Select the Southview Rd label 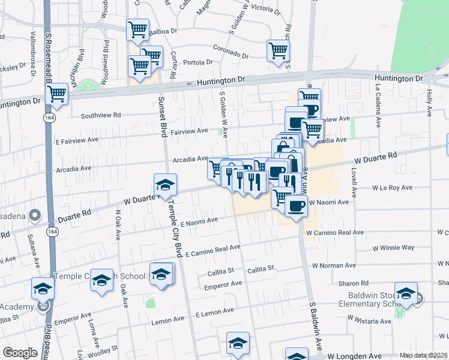pyautogui.click(x=101, y=115)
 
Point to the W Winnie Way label pyautogui.click(x=393, y=247)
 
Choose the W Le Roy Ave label pyautogui.click(x=393, y=188)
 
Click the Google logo pyautogui.click(x=20, y=353)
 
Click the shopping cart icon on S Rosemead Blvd pyautogui.click(x=56, y=94)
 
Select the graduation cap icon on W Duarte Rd pyautogui.click(x=165, y=185)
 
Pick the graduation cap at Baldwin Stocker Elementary pyautogui.click(x=406, y=294)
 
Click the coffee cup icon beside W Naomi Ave pyautogui.click(x=295, y=207)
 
